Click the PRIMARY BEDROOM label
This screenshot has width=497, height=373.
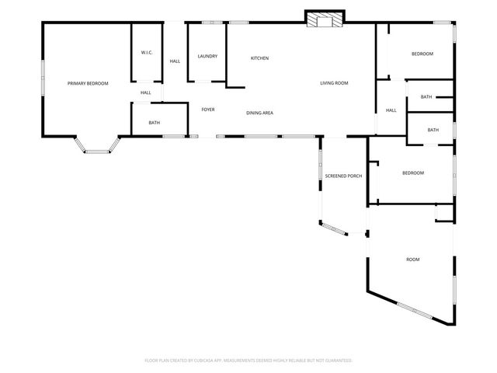click(x=88, y=83)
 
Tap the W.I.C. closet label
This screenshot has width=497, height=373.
click(x=147, y=52)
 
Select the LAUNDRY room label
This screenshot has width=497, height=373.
click(x=207, y=56)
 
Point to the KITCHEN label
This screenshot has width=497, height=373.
click(x=259, y=59)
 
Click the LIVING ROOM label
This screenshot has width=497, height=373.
click(x=334, y=83)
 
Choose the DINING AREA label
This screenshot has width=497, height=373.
click(x=259, y=113)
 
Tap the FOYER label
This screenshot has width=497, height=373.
click(x=208, y=110)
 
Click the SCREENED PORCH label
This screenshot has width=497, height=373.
click(x=343, y=176)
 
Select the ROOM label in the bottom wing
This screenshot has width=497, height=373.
click(x=413, y=259)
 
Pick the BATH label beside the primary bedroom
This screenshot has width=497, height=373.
click(x=155, y=123)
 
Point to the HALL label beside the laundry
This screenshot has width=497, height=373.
click(x=175, y=61)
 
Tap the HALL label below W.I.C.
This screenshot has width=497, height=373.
click(x=146, y=92)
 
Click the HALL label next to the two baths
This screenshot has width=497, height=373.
click(x=391, y=110)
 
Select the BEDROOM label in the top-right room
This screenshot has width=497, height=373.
click(x=422, y=54)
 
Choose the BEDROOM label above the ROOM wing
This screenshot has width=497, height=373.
click(x=413, y=173)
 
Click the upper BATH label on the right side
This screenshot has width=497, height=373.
click(x=426, y=97)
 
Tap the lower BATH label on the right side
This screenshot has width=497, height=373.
click(x=433, y=130)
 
